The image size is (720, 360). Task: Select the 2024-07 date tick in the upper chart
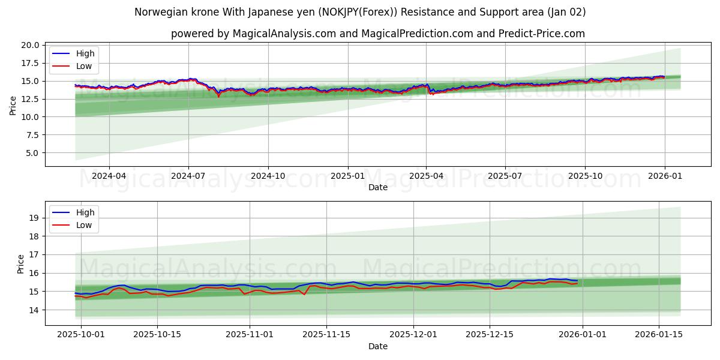click(188, 176)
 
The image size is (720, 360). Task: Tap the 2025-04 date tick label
click(426, 176)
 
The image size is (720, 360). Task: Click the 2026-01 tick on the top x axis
click(664, 176)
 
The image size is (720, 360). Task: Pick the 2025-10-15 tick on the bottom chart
click(157, 335)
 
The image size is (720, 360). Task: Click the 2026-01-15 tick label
click(659, 335)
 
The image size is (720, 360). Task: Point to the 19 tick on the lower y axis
click(34, 218)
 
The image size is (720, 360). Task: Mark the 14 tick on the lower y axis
click(34, 310)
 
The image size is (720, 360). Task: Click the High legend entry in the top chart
click(85, 53)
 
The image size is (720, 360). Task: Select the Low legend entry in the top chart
click(84, 65)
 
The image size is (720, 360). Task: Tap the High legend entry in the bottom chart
click(85, 212)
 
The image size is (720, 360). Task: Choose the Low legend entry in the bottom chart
click(84, 225)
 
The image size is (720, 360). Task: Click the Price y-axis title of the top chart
click(13, 106)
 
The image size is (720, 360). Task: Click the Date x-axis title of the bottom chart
click(378, 346)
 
